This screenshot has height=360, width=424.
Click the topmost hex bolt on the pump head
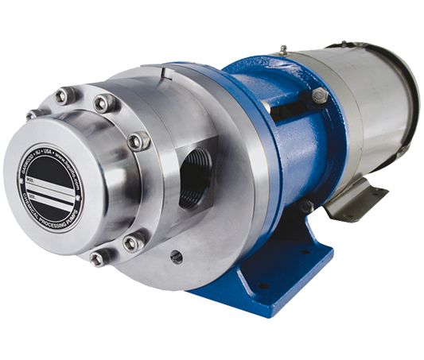[64, 95]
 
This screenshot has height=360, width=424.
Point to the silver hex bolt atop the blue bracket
[320, 96]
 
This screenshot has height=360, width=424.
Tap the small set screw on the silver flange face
[176, 257]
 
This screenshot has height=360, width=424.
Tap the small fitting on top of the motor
[282, 49]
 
